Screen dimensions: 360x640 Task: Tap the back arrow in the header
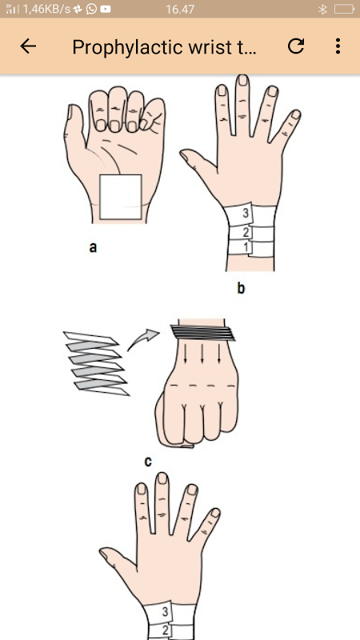tap(28, 46)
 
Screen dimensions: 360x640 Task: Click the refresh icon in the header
tap(296, 46)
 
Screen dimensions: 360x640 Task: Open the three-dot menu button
tap(338, 46)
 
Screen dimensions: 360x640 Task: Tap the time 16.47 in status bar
tap(180, 9)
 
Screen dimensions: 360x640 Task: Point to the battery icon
tap(344, 9)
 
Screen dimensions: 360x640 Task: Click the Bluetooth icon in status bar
tap(322, 9)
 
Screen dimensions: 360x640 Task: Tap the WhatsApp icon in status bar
tap(91, 9)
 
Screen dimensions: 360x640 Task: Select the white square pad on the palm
tap(121, 197)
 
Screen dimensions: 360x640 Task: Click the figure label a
tap(93, 247)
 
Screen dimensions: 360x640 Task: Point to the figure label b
tap(241, 288)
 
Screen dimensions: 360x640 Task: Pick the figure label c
tap(148, 462)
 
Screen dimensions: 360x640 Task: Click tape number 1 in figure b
tap(246, 247)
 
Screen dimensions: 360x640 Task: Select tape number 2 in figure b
tap(246, 233)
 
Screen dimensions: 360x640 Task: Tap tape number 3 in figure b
tap(246, 213)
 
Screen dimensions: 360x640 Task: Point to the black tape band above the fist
tap(203, 332)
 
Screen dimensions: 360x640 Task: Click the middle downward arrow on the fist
tap(202, 354)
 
